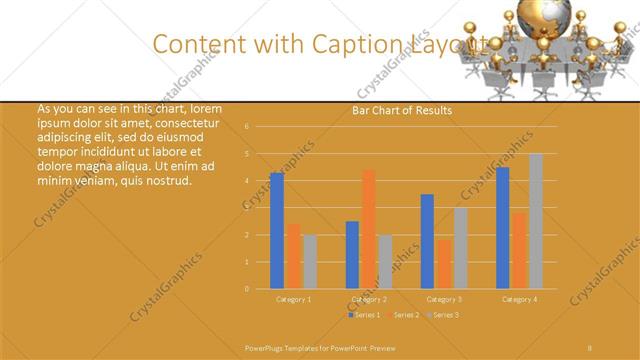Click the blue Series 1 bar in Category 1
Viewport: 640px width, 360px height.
(x=277, y=231)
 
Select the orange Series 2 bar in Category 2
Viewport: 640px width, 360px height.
(x=368, y=229)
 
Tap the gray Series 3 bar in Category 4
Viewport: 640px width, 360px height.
(x=536, y=221)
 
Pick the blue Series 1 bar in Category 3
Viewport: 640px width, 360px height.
(x=427, y=241)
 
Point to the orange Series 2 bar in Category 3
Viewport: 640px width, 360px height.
(x=443, y=264)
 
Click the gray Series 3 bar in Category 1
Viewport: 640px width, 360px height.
(x=309, y=262)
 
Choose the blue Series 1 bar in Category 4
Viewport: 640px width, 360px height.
(x=503, y=228)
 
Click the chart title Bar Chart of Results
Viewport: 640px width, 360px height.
(x=402, y=110)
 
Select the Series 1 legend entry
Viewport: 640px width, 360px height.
(x=365, y=315)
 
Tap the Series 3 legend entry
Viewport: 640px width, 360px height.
(x=443, y=315)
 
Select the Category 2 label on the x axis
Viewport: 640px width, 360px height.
(x=369, y=299)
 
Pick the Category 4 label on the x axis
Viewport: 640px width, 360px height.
(x=519, y=299)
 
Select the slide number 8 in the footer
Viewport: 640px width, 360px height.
(x=590, y=347)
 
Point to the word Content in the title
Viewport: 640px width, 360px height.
(x=198, y=44)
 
